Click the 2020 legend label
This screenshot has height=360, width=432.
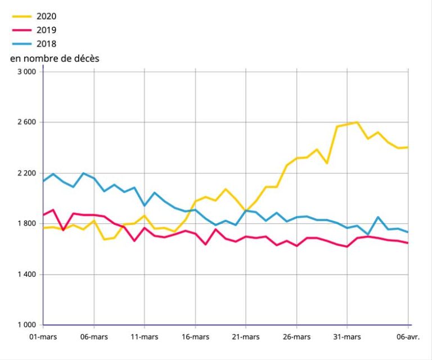click(47, 16)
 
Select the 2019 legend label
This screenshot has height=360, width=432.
click(47, 30)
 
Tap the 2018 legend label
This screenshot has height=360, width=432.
click(47, 43)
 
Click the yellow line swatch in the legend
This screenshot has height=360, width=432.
click(21, 16)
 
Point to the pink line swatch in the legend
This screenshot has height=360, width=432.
click(21, 30)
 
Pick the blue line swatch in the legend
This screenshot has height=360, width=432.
click(21, 43)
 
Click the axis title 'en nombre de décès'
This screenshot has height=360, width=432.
click(55, 58)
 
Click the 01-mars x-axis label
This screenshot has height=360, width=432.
click(43, 337)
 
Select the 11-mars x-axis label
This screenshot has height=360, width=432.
click(145, 337)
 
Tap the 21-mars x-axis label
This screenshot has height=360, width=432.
click(245, 337)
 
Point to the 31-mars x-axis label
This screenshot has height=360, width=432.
click(346, 337)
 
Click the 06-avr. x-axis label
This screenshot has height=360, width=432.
click(408, 337)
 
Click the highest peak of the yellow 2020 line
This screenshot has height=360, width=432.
click(357, 122)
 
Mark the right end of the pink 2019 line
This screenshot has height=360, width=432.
click(408, 243)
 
